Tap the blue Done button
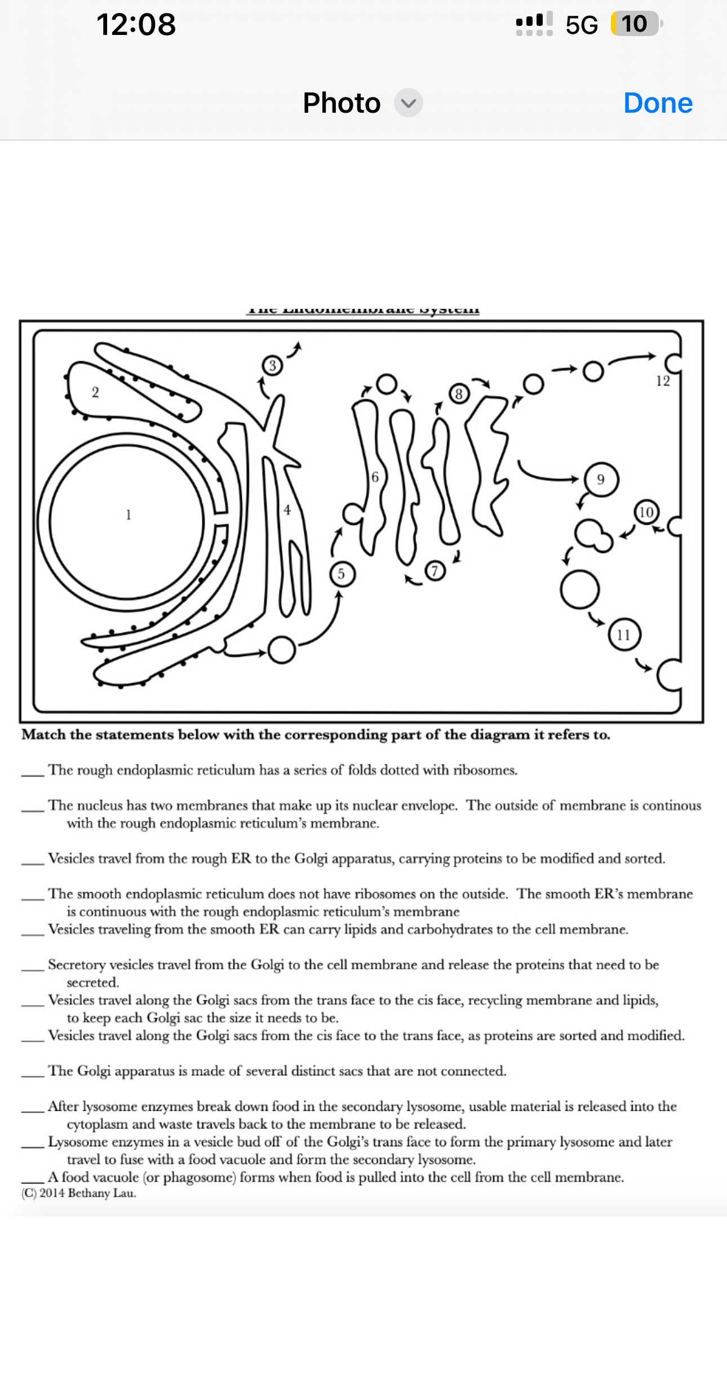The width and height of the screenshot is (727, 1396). (658, 103)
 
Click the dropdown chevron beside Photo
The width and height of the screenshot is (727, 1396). (409, 103)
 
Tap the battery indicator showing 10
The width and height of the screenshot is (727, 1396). (635, 24)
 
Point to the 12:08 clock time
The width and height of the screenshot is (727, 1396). (136, 25)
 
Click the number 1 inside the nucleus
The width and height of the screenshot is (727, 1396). (128, 515)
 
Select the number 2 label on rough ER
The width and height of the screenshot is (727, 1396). (95, 392)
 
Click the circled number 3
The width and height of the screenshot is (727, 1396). (272, 366)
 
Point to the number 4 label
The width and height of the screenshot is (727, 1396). (287, 510)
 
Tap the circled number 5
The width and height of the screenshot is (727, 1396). (341, 574)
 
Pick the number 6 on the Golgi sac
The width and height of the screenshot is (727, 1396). (375, 477)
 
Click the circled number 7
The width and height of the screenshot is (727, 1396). (434, 571)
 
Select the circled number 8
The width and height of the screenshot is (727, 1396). (459, 393)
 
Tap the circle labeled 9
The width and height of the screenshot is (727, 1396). (601, 480)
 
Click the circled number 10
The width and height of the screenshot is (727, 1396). (646, 512)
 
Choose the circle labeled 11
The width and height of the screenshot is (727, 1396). (623, 635)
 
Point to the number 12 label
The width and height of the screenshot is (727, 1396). (663, 382)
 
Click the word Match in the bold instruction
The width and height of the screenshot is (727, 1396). (44, 735)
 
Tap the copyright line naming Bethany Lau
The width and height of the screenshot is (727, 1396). (79, 1193)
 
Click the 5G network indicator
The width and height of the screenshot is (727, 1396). (582, 25)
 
